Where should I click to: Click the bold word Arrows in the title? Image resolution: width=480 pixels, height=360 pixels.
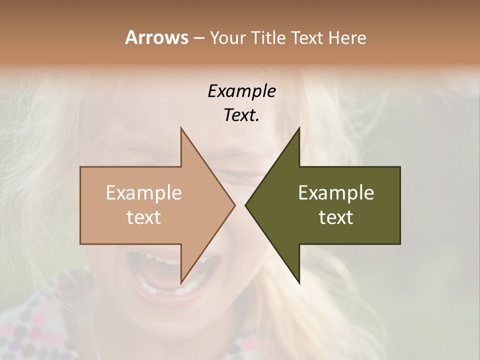(156, 37)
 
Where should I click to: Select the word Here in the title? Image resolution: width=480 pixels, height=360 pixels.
(347, 38)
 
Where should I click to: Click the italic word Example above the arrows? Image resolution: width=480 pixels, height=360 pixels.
(241, 91)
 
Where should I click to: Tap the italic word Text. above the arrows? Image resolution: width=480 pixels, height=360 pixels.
(241, 115)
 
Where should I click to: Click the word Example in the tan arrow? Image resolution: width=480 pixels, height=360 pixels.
(143, 193)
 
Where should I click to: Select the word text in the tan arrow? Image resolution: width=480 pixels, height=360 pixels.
(143, 217)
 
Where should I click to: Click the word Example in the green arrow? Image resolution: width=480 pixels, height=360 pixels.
(336, 193)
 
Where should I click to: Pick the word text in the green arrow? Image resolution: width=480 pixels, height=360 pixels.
(336, 217)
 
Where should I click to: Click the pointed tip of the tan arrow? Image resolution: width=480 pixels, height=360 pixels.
(234, 205)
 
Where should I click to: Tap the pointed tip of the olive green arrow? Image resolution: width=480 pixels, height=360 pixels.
(246, 205)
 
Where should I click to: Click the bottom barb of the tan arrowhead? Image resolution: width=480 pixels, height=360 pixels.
(181, 281)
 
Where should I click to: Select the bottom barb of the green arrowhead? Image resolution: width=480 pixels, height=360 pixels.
(299, 281)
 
